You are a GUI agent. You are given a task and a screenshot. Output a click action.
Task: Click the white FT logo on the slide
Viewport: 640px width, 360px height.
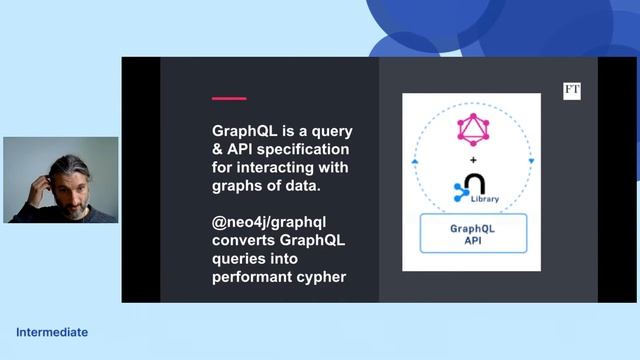tap(572, 91)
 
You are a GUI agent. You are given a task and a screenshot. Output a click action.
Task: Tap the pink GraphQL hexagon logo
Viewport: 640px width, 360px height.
tap(471, 130)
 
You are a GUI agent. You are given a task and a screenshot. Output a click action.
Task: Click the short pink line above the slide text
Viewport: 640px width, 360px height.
tap(229, 98)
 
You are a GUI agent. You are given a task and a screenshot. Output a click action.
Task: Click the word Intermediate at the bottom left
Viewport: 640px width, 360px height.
tap(52, 332)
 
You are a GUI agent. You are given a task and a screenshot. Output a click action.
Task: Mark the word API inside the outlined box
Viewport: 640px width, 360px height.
tap(472, 241)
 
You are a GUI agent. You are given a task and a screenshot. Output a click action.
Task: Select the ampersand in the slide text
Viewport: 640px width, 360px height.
tap(217, 149)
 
